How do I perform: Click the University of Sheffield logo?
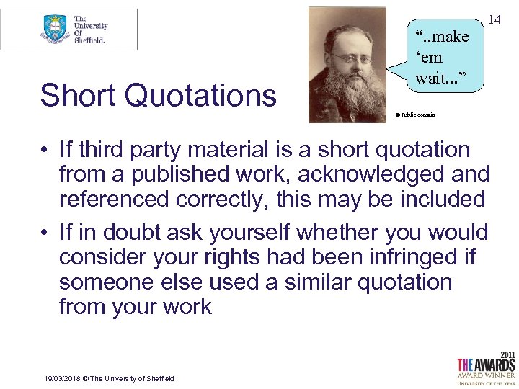tap(70, 30)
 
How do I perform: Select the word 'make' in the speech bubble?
tap(447, 35)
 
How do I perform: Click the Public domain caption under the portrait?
tap(415, 115)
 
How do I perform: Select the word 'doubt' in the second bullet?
tap(130, 233)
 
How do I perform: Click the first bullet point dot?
tap(45, 151)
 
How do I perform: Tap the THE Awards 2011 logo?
tap(485, 368)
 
